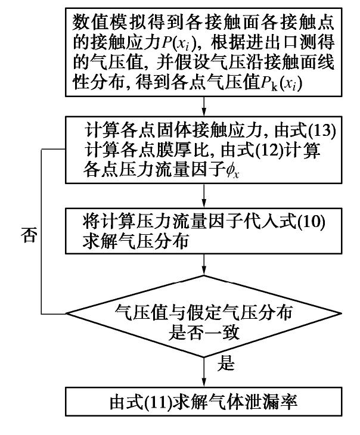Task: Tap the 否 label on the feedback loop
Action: [29, 236]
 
